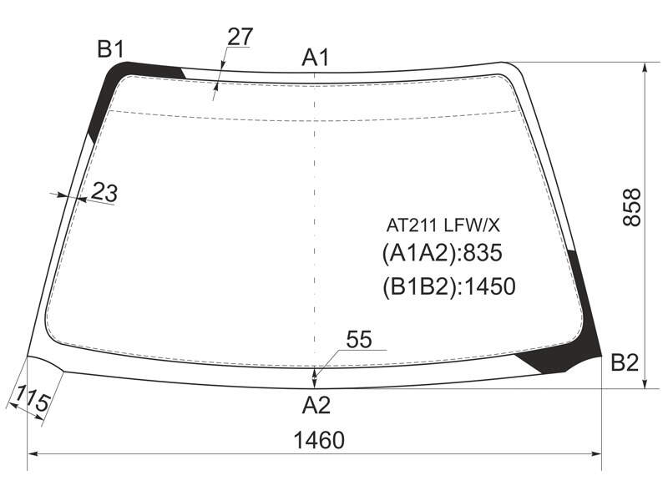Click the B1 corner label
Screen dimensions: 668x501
tap(110, 49)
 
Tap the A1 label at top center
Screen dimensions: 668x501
tap(316, 58)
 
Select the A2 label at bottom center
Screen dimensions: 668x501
tap(316, 405)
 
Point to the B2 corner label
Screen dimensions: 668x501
tap(625, 362)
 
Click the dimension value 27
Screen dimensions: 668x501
tap(240, 37)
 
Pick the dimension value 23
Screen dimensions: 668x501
tap(104, 192)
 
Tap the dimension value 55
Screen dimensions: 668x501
tap(359, 340)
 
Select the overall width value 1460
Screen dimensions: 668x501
tap(319, 440)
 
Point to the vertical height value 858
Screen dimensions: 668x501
tap(632, 207)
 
